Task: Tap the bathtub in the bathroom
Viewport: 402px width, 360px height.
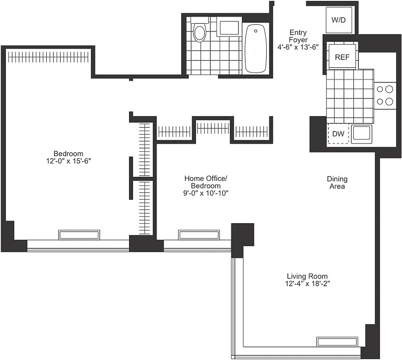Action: (255, 49)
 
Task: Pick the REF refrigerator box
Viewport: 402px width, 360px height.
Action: (342, 57)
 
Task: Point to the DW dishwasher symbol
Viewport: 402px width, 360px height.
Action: (338, 134)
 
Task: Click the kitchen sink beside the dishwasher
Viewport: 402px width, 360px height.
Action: (362, 134)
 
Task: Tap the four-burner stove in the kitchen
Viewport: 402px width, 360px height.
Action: (384, 95)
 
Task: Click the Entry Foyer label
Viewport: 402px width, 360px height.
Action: (298, 36)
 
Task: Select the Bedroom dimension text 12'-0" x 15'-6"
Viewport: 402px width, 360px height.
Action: (68, 161)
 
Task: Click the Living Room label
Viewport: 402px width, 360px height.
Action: (307, 276)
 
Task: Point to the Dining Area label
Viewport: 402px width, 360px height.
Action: (337, 182)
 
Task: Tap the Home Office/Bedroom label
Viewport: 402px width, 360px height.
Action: (206, 182)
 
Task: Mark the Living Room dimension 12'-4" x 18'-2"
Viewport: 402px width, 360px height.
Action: (307, 283)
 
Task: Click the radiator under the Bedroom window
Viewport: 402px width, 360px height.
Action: (79, 235)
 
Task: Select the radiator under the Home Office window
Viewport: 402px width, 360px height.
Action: (199, 235)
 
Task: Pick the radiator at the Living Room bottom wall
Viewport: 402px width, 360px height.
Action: (337, 342)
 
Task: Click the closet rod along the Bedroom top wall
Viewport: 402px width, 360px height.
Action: (48, 57)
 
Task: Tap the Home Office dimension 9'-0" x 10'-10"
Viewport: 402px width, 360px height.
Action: (206, 193)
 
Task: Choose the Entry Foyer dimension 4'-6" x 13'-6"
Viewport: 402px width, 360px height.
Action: (298, 47)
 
